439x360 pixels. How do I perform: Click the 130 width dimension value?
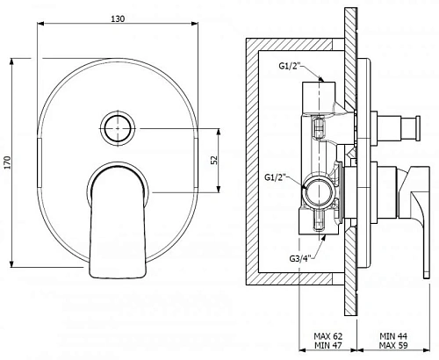click(x=118, y=18)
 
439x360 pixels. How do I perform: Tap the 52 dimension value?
click(x=214, y=160)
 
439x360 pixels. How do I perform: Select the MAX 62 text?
click(x=327, y=336)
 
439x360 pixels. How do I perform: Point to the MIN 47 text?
click(x=327, y=345)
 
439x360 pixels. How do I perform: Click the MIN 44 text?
click(x=393, y=336)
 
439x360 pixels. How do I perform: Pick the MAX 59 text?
click(x=393, y=345)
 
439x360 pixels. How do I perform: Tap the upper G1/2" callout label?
click(x=289, y=66)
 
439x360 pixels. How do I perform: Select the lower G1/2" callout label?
click(x=275, y=177)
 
